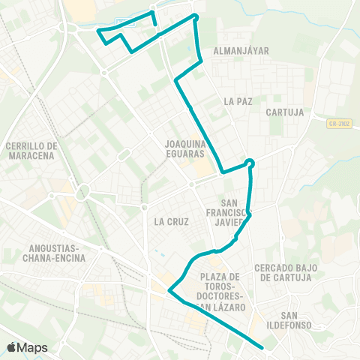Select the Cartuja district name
tap(284, 112)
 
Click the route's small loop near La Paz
tap(250, 163)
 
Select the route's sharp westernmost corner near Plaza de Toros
tap(169, 290)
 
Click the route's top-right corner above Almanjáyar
tap(195, 16)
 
